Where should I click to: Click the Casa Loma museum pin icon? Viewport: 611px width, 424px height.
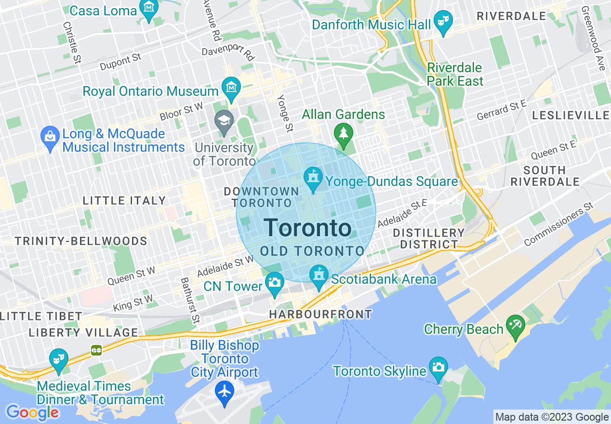(148, 9)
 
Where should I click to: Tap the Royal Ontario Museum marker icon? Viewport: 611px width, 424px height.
(231, 88)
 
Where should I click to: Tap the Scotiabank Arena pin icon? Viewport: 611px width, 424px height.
(318, 276)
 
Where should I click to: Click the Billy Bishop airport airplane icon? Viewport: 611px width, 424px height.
(225, 390)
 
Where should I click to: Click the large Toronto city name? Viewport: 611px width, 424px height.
(308, 228)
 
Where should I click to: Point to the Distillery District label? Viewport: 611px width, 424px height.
(428, 238)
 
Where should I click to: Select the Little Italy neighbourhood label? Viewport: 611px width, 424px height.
(124, 200)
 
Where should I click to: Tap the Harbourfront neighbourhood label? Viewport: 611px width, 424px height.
(320, 315)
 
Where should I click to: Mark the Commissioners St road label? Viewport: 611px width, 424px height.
(558, 225)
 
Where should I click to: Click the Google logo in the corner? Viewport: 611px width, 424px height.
(32, 412)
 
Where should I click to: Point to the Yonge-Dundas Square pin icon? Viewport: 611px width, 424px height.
(313, 179)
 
